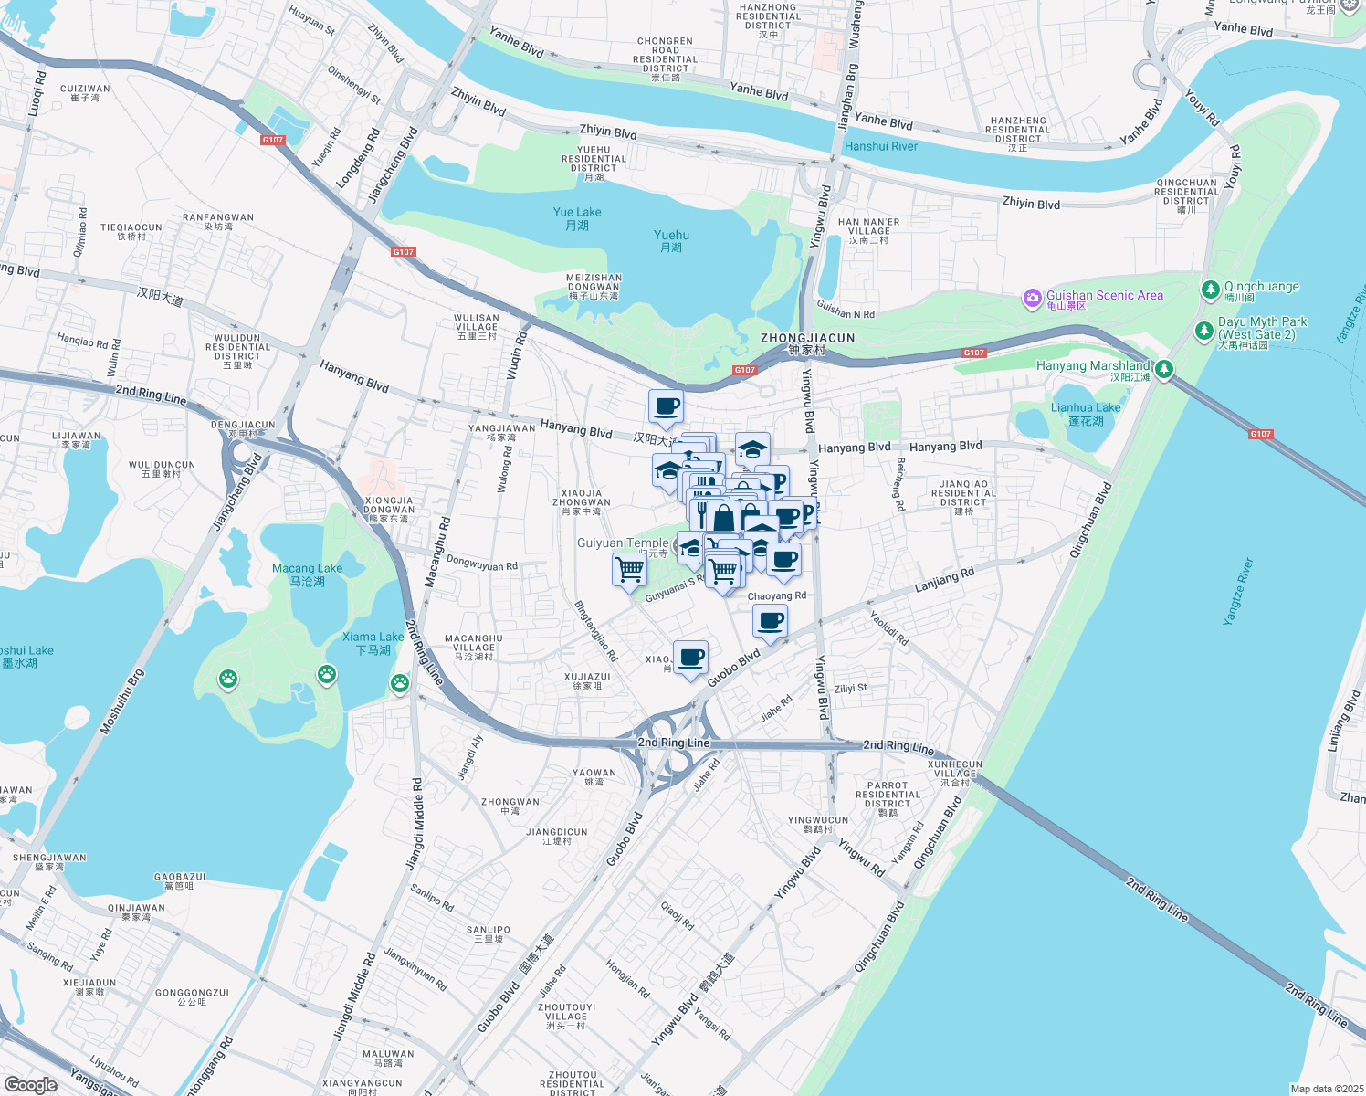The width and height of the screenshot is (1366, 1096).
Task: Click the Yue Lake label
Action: [577, 218]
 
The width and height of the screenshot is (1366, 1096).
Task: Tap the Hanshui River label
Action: [881, 146]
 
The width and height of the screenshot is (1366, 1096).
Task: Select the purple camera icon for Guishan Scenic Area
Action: [1033, 299]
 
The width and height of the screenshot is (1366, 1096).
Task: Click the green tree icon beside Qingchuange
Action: [1210, 290]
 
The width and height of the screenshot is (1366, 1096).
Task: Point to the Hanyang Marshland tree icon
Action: [1163, 369]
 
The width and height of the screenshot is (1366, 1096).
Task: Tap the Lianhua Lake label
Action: [1086, 414]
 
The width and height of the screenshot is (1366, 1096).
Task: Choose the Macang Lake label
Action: [307, 574]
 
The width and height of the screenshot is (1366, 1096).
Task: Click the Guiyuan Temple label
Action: [623, 543]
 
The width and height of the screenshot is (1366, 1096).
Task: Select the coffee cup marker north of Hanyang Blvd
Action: [666, 406]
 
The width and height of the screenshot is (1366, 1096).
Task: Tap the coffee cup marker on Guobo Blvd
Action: [690, 657]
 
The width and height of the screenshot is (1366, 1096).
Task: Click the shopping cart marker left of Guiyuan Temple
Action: [629, 571]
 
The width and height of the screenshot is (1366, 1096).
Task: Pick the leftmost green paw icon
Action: [227, 679]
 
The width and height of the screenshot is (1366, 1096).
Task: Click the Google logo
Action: [31, 1084]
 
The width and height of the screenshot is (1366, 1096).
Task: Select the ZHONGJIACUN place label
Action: [807, 338]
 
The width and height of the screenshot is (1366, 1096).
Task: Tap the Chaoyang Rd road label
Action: [777, 596]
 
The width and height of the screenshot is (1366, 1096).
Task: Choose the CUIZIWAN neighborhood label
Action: [85, 93]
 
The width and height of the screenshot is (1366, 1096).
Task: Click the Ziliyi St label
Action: [850, 689]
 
